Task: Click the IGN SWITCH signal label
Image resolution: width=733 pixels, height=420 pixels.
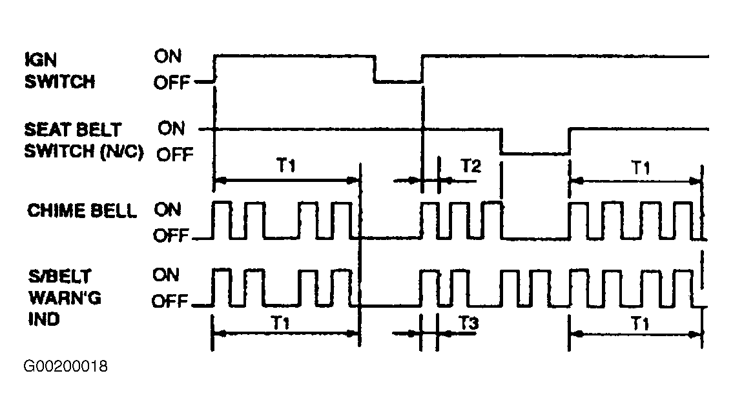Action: tap(60, 70)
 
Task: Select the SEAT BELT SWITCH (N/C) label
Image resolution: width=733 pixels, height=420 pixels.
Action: tap(84, 140)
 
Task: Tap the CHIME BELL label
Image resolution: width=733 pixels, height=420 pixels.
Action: tap(82, 211)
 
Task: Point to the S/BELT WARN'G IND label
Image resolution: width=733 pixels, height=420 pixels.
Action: tap(65, 297)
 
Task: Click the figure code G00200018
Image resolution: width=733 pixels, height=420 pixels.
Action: tap(65, 366)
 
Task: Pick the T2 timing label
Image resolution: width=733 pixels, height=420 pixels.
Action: tap(471, 166)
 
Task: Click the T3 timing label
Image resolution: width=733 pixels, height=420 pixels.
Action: tap(468, 323)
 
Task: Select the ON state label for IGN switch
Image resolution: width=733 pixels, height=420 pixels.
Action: tap(168, 57)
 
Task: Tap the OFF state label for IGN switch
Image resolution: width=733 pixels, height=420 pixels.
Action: tap(172, 83)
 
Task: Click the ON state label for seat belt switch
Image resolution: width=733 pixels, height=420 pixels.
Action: tap(172, 128)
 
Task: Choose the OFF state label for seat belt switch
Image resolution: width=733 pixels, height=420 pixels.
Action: tap(175, 154)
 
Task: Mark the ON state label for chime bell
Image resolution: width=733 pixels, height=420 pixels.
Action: tap(168, 210)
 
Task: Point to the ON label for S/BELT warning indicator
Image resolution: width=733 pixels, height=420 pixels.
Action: tap(166, 275)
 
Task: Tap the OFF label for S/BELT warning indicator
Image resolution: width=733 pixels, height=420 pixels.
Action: tap(170, 301)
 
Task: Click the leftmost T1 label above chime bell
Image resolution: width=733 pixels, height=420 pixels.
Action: tap(286, 165)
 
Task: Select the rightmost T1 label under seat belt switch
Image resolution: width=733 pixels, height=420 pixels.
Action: tap(641, 167)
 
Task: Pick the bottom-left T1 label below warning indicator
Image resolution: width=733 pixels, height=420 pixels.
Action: tap(280, 323)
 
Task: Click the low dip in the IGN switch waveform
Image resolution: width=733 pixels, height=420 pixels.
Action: tap(398, 82)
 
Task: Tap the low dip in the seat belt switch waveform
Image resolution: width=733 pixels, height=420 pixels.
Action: tap(535, 153)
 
